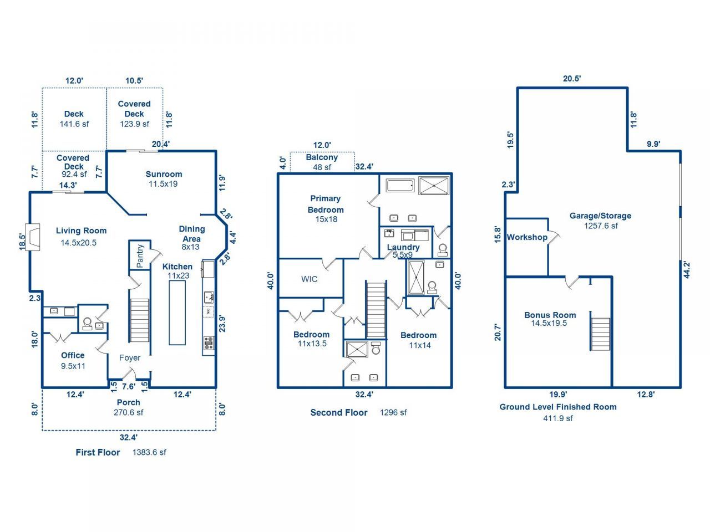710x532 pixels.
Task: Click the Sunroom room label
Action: pyautogui.click(x=164, y=174)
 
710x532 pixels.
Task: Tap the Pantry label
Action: pyautogui.click(x=140, y=255)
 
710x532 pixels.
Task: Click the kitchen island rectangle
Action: pyautogui.click(x=177, y=313)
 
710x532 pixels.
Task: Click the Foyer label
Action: pyautogui.click(x=130, y=358)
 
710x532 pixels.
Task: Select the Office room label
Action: pyautogui.click(x=73, y=355)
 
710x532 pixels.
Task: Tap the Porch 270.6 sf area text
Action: pyautogui.click(x=128, y=412)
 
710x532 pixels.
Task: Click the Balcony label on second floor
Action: pyautogui.click(x=322, y=157)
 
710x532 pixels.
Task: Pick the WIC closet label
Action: pyautogui.click(x=310, y=279)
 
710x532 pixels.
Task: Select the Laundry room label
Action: pyautogui.click(x=403, y=247)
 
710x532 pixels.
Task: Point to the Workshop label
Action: pyautogui.click(x=527, y=237)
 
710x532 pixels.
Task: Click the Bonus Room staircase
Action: pyautogui.click(x=600, y=334)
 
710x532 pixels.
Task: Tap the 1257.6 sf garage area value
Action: pyautogui.click(x=601, y=226)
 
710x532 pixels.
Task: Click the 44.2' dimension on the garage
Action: pyautogui.click(x=687, y=269)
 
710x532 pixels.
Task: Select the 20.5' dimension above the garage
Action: pyautogui.click(x=572, y=79)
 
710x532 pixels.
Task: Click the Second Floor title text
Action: pyautogui.click(x=339, y=412)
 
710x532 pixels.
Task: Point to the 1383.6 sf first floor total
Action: pyautogui.click(x=149, y=452)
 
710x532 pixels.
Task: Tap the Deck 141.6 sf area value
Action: pyautogui.click(x=74, y=124)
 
